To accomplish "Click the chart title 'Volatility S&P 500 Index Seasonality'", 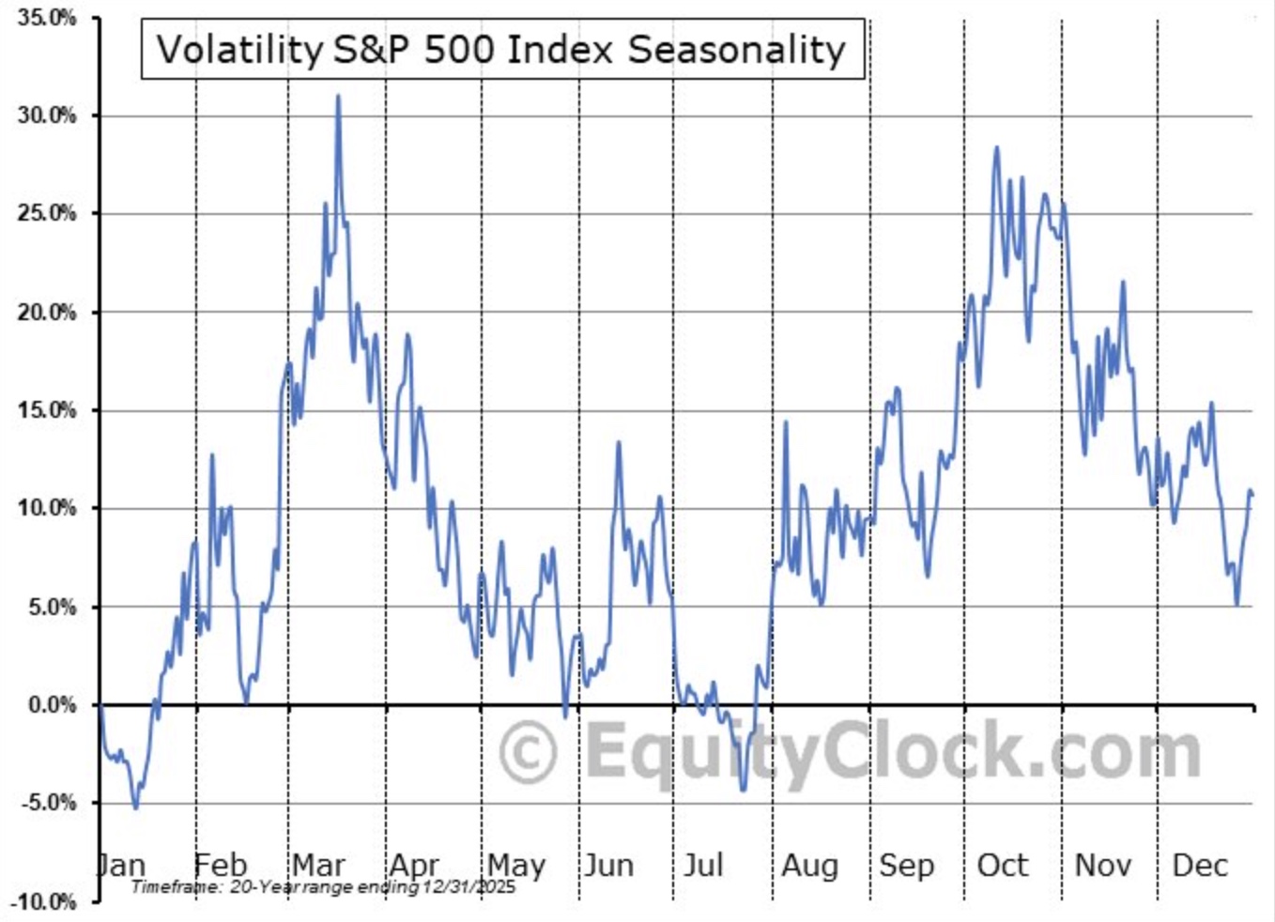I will coord(501,49).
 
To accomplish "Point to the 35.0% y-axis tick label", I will coord(46,18).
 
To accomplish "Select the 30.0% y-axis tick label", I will coord(46,115).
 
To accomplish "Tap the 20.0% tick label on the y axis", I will coord(46,312).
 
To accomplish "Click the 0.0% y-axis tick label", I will coord(52,705).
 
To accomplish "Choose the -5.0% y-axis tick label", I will coord(48,803).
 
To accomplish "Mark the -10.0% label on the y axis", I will coord(44,901).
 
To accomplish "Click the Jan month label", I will coord(122,864).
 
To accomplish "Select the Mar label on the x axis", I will coord(318,864).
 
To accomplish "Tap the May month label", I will coord(515,864).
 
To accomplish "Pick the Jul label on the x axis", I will coord(703,864).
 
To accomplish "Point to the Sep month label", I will coord(906,864).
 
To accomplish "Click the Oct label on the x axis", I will coord(1003,864).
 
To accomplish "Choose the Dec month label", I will coord(1200,864).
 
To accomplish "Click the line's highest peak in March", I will coord(338,96).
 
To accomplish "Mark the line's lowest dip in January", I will coord(135,807).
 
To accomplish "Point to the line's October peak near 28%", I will coord(996,147).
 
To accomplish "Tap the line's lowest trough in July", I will coord(744,790).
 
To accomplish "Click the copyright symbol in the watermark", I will coord(529,752).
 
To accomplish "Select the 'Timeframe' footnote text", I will coord(323,886).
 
